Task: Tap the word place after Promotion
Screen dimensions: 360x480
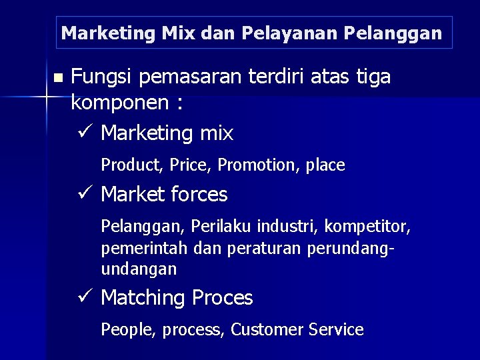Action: click(325, 165)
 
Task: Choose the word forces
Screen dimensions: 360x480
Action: click(198, 195)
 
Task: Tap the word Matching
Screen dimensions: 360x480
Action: click(143, 298)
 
